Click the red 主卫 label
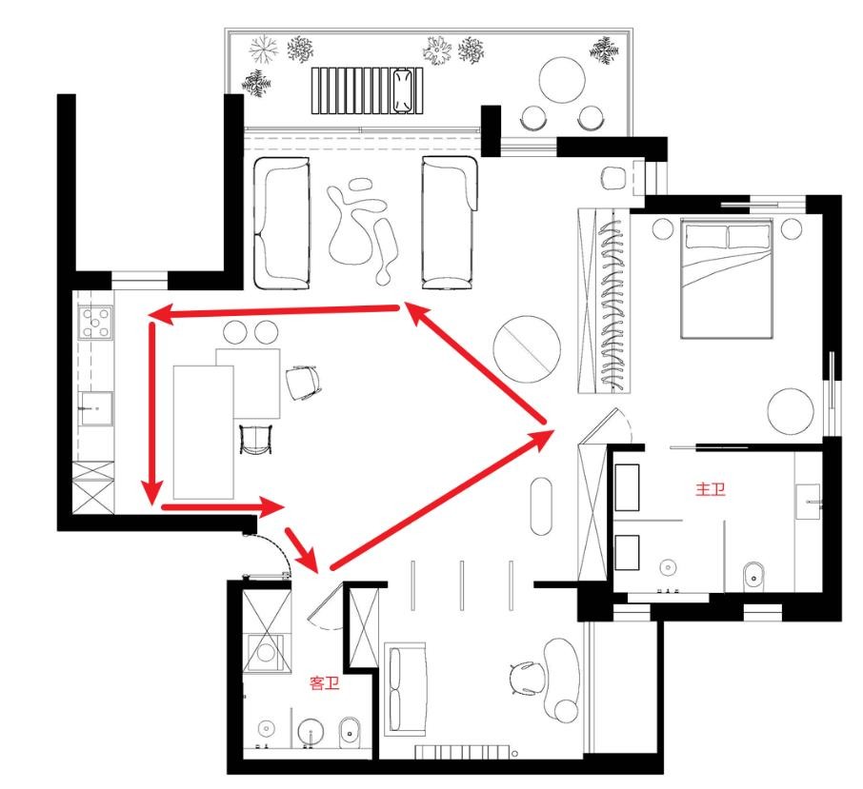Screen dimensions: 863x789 pos(710,489)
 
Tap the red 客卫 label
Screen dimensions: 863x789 pos(324,683)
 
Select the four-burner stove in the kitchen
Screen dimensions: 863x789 pos(96,323)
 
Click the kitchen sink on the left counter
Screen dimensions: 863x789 pos(96,408)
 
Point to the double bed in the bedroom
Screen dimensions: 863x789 pos(727,278)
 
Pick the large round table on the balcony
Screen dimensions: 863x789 pos(562,80)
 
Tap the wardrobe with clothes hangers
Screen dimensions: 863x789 pos(603,301)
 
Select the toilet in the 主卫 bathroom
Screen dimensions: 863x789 pos(754,576)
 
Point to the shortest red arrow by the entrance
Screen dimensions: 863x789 pos(301,550)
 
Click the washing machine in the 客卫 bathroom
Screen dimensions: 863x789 pos(267,653)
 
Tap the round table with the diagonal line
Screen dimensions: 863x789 pos(527,349)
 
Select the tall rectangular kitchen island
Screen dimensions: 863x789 pos(203,432)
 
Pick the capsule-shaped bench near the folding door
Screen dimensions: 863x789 pos(541,505)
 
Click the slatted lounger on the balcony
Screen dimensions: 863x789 pos(368,90)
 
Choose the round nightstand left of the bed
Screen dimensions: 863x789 pos(663,228)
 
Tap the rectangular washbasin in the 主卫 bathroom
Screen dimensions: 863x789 pos(808,502)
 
